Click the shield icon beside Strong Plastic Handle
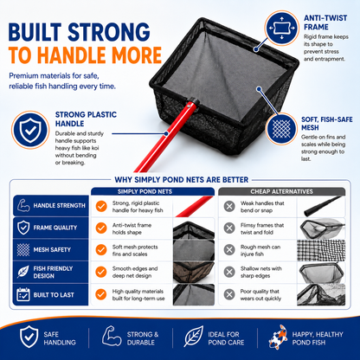pyautogui.click(x=30, y=130)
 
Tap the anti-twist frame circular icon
pyautogui.click(x=281, y=28)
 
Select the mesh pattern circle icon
pyautogui.click(x=281, y=128)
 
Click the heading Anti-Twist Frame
pyautogui.click(x=325, y=22)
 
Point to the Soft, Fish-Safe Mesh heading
pyautogui.click(x=327, y=124)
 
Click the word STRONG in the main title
pyautogui.click(x=109, y=32)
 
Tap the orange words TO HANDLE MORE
pyautogui.click(x=85, y=55)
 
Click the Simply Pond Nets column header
pyautogui.click(x=145, y=191)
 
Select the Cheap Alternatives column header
pyautogui.click(x=281, y=191)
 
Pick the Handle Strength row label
pyautogui.click(x=59, y=206)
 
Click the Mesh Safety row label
pyautogui.click(x=52, y=249)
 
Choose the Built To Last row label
pyautogui.click(x=54, y=295)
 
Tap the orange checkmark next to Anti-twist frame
pyautogui.click(x=101, y=228)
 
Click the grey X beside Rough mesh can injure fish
pyautogui.click(x=229, y=250)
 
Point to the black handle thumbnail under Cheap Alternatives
pyautogui.click(x=322, y=207)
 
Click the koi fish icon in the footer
pyautogui.click(x=279, y=337)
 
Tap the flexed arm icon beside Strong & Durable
pyautogui.click(x=112, y=336)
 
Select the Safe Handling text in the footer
pyautogui.click(x=60, y=338)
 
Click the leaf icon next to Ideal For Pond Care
pyautogui.click(x=194, y=337)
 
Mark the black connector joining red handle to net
pyautogui.click(x=192, y=103)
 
